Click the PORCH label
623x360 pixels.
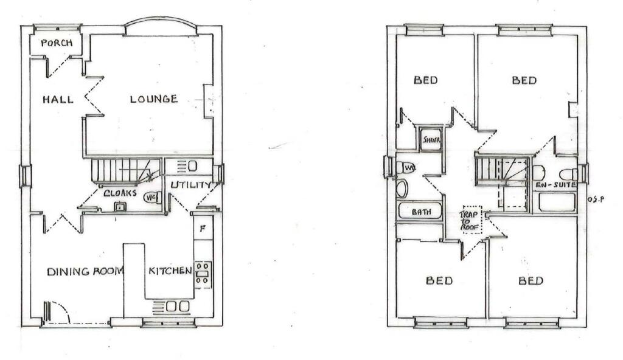(57, 43)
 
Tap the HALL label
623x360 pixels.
(58, 99)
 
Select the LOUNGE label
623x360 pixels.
(153, 99)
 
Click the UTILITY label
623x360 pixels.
(190, 185)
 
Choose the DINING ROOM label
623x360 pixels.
(85, 271)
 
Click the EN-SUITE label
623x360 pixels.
(554, 185)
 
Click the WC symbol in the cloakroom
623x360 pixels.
(151, 197)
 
